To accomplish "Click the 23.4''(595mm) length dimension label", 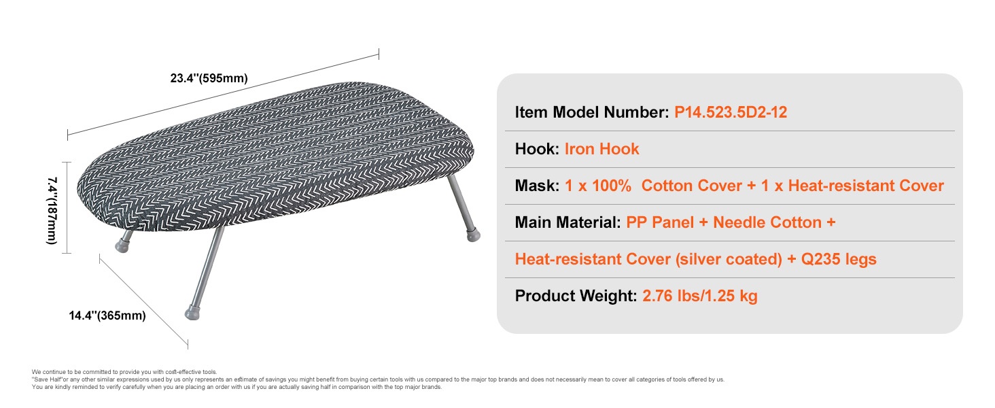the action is click(209, 78).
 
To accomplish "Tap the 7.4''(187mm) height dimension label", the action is click(52, 211).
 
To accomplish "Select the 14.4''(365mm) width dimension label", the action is click(107, 316).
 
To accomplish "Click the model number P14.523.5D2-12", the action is click(730, 112).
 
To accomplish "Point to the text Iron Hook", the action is click(601, 149).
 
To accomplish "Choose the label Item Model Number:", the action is click(592, 112).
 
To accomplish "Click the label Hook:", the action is click(537, 149).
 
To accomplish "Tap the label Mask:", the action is click(537, 186).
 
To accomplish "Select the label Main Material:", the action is click(568, 222).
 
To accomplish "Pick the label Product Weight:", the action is click(576, 296).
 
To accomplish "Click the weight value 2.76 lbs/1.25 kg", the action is click(699, 296).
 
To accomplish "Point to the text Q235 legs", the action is click(839, 259).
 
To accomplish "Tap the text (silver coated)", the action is click(729, 259).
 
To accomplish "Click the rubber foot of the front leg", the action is click(192, 312).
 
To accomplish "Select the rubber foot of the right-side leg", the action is click(474, 235).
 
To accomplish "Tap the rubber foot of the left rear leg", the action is click(122, 245).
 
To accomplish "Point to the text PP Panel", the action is click(660, 222).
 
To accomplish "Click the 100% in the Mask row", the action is click(611, 186).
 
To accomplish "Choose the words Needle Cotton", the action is click(767, 222).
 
